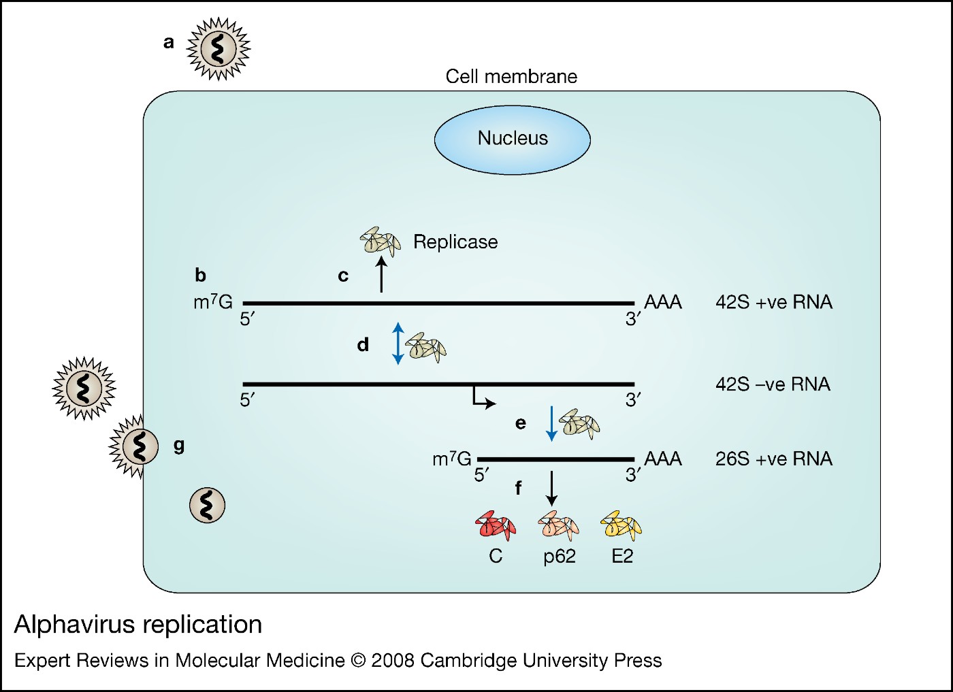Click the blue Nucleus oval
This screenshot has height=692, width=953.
(512, 139)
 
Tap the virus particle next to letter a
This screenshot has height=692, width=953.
(219, 49)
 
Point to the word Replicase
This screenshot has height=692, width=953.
(455, 242)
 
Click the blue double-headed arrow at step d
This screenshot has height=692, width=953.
(398, 343)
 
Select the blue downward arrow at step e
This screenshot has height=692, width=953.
(551, 423)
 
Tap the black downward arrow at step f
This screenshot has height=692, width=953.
(551, 487)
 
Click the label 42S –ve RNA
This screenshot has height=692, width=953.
(773, 384)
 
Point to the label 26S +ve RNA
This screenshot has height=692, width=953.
(773, 459)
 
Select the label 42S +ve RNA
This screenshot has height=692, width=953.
(773, 302)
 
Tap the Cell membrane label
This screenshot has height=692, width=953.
(511, 76)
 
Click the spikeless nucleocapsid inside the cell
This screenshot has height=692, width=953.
(207, 505)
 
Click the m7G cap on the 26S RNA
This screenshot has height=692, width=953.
(451, 459)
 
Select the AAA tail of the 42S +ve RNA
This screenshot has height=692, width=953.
(662, 302)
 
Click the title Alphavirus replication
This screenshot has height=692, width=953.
(138, 624)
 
